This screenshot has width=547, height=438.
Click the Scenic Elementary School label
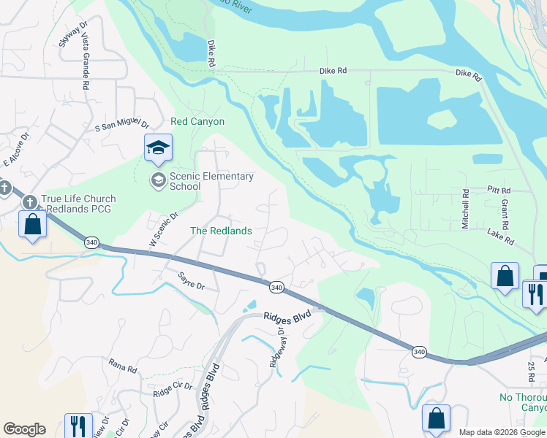pyautogui.click(x=211, y=181)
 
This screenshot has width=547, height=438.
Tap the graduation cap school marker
pyautogui.click(x=158, y=148)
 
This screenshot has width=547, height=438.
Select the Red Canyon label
pyautogui.click(x=197, y=121)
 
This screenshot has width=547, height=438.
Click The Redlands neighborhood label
pyautogui.click(x=221, y=231)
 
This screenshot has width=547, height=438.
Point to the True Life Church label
pyautogui.click(x=79, y=199)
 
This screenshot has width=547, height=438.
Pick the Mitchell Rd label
pyautogui.click(x=465, y=210)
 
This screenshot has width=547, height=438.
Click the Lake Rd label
pyautogui.click(x=501, y=235)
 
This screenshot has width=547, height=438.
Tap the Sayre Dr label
pyautogui.click(x=192, y=281)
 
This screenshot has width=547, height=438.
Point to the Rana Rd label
pyautogui.click(x=123, y=365)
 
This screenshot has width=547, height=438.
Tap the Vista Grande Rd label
pyautogui.click(x=86, y=65)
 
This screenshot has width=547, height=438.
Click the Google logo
pyautogui.click(x=24, y=429)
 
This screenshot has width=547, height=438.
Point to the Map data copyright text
pyautogui.click(x=502, y=432)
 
